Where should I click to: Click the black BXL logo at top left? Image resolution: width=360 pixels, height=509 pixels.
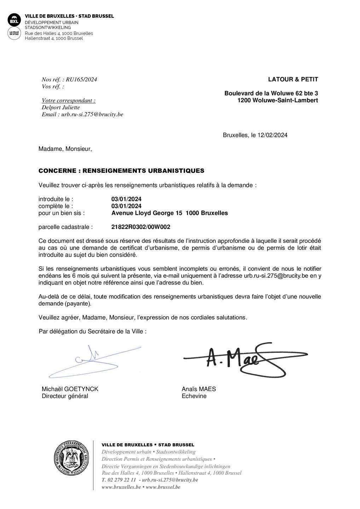tap(14, 20)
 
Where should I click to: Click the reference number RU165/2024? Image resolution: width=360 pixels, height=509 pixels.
tap(81, 80)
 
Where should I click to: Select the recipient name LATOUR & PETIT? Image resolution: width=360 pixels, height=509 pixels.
tap(293, 80)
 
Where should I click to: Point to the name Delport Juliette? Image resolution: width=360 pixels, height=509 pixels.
tap(61, 107)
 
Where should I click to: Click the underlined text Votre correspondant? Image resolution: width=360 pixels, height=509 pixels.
tap(69, 100)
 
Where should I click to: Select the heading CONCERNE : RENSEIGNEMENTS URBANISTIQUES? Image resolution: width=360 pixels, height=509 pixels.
tap(121, 171)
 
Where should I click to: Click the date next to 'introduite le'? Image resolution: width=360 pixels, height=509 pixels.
tap(126, 199)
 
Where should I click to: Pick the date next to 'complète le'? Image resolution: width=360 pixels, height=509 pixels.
tap(126, 206)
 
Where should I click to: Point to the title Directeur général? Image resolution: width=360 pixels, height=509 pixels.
tap(65, 396)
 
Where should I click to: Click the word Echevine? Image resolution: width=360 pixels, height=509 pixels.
tap(194, 396)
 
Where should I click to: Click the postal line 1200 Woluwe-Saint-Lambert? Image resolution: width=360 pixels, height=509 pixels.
tap(277, 100)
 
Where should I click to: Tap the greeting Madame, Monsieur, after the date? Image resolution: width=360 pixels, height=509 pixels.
tap(65, 149)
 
